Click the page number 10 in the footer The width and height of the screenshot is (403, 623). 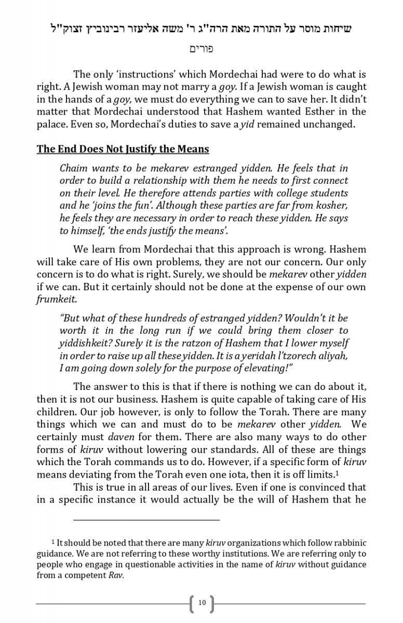point(202,603)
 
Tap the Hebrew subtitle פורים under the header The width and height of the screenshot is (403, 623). point(202,49)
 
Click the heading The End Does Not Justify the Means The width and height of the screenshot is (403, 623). point(123,150)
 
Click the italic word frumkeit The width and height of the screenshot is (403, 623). point(57,300)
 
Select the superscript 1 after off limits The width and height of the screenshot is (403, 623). point(338,472)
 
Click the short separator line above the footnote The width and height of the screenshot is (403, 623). point(146,519)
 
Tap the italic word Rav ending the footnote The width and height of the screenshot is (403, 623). point(116,575)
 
